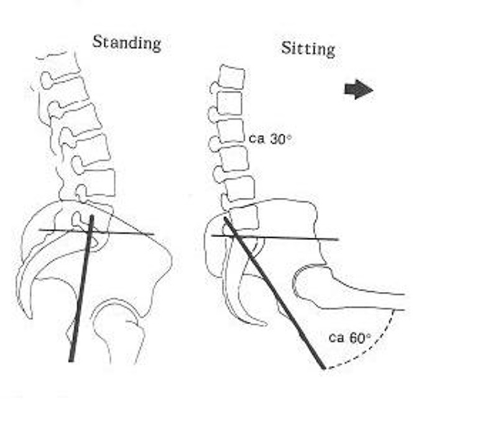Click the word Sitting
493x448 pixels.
[x=308, y=49]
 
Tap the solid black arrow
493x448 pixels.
[x=359, y=90]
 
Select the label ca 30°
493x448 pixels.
[x=270, y=138]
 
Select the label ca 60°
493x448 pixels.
[x=350, y=338]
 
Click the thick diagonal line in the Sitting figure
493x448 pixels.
[x=274, y=292]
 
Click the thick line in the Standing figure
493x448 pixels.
[x=81, y=289]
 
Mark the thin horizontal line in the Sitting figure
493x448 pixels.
[x=275, y=238]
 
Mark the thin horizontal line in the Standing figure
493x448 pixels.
[x=96, y=232]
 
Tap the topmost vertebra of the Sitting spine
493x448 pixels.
[x=232, y=77]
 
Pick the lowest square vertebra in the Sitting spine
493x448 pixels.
[x=244, y=217]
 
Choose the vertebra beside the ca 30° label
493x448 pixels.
[x=231, y=131]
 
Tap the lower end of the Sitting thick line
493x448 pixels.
[x=323, y=368]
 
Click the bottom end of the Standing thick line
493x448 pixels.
[x=71, y=361]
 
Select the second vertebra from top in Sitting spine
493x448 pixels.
[x=230, y=103]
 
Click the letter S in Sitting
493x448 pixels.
[x=286, y=48]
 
